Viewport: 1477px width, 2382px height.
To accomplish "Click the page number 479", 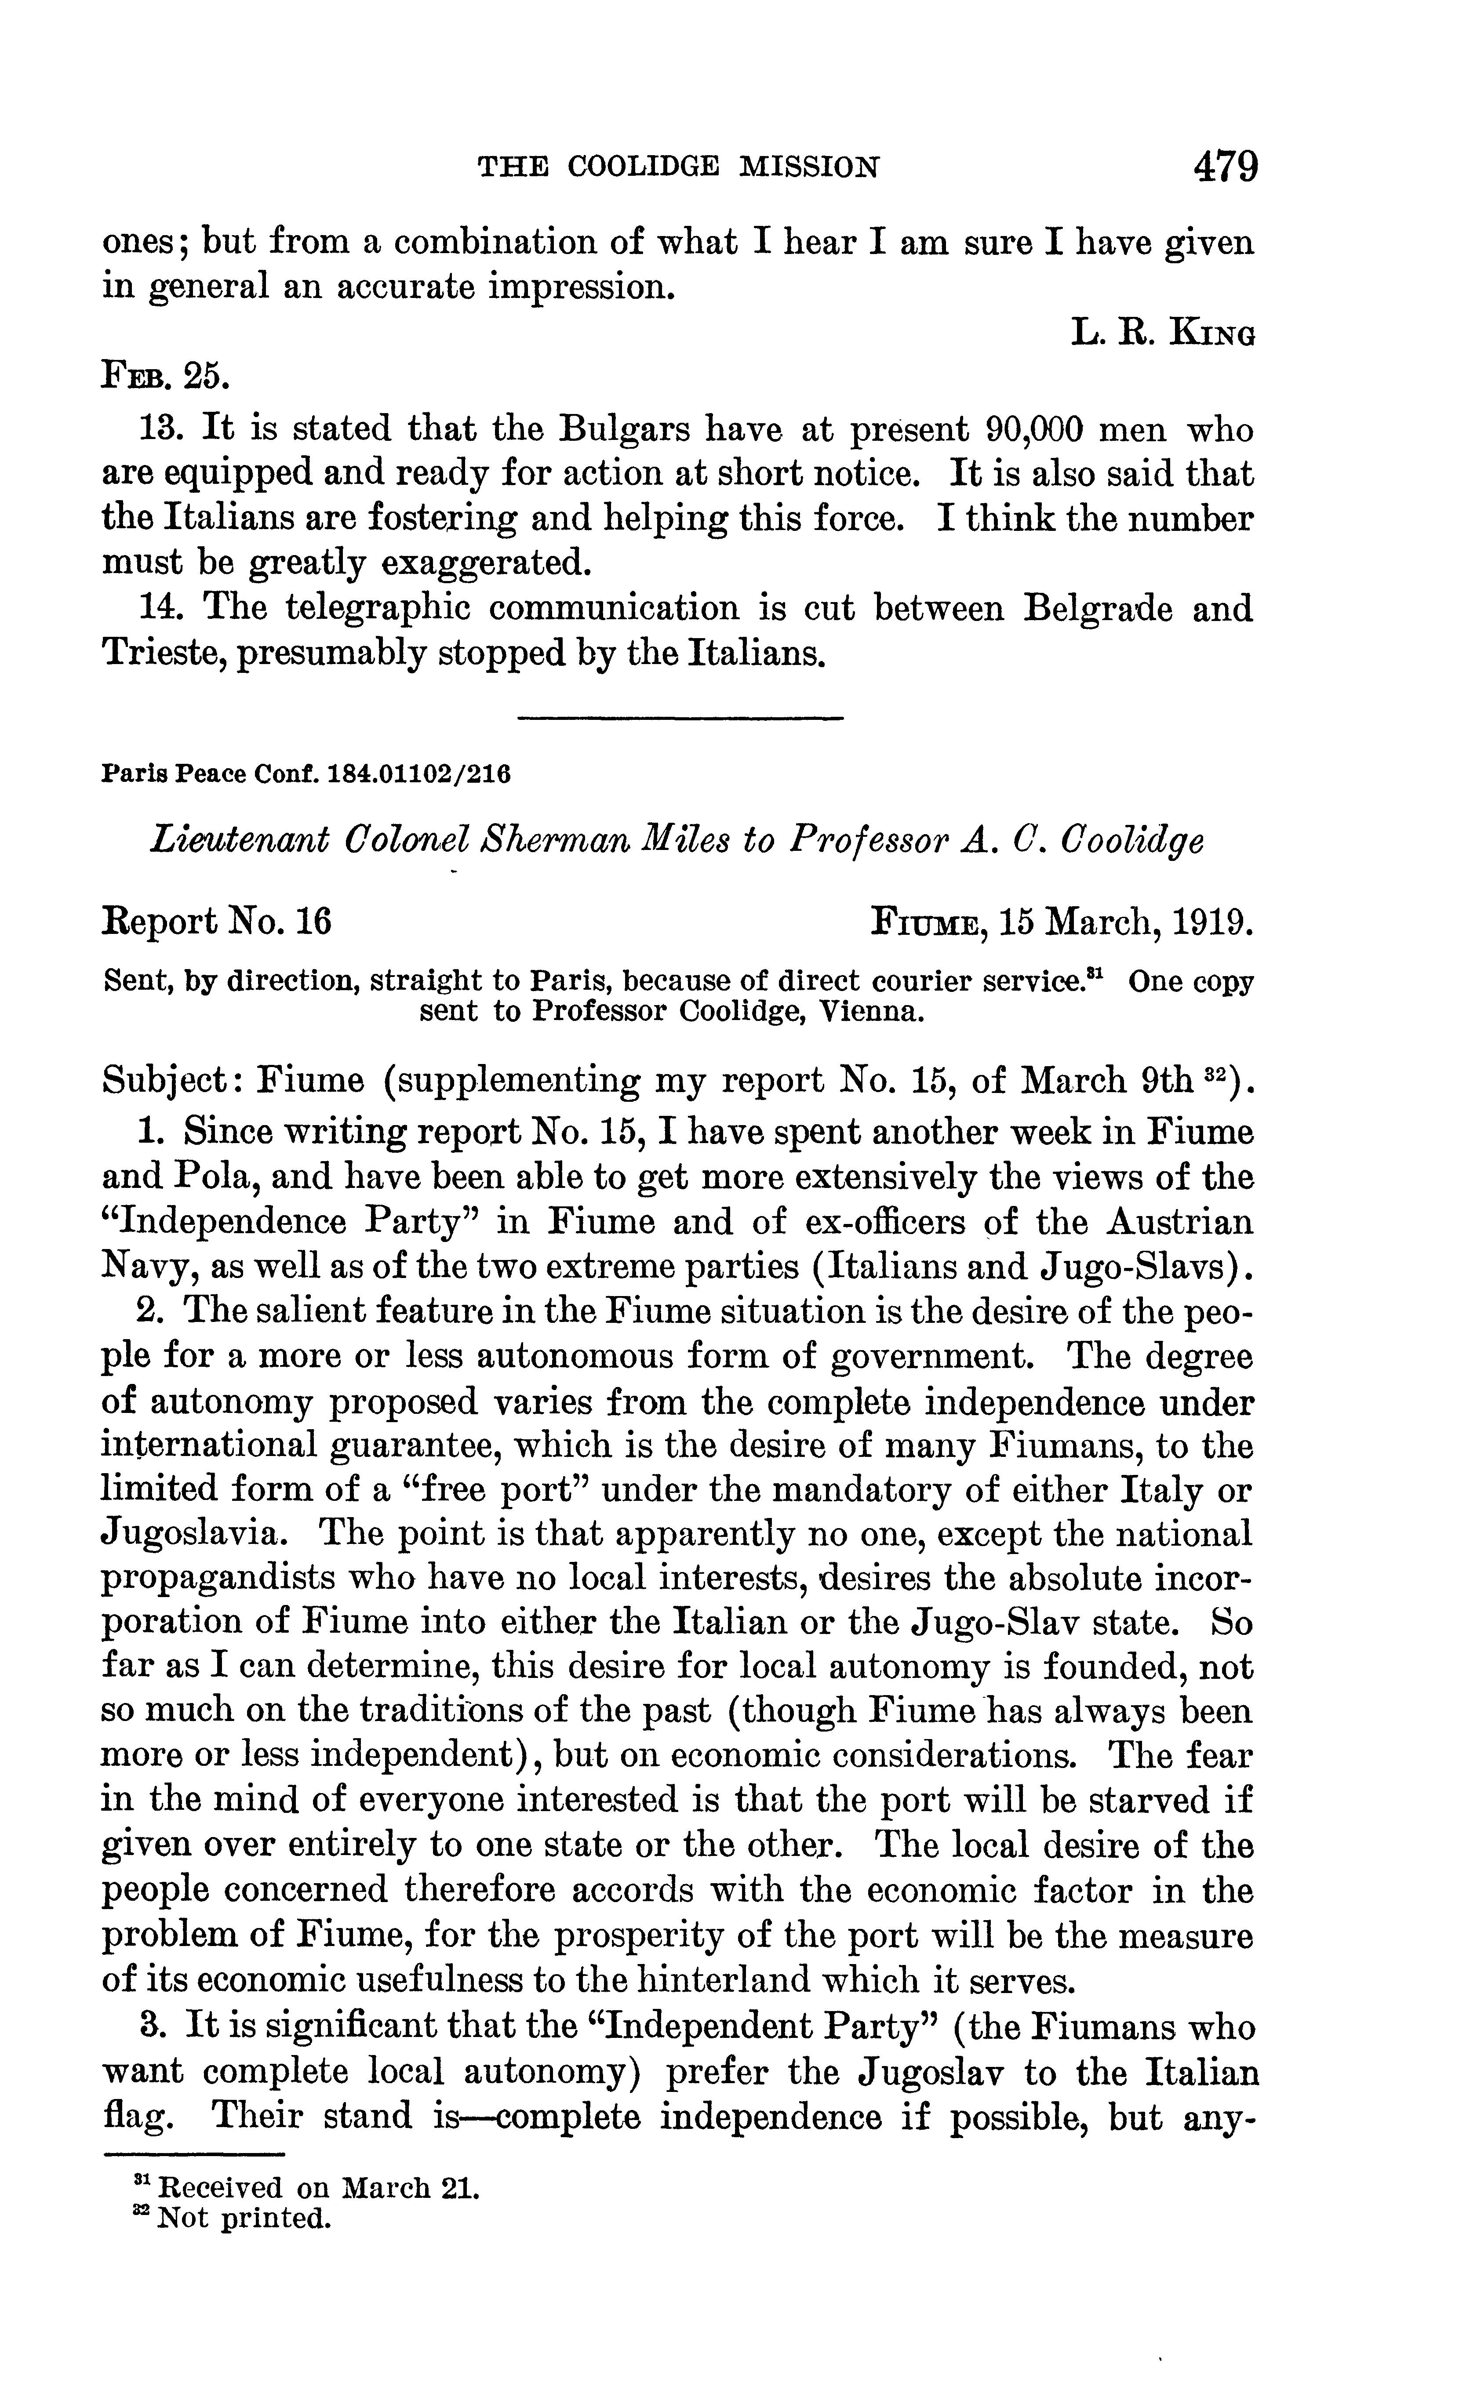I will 1225,167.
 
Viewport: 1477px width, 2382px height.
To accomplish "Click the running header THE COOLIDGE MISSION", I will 678,168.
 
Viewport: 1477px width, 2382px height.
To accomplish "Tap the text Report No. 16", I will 217,921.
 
